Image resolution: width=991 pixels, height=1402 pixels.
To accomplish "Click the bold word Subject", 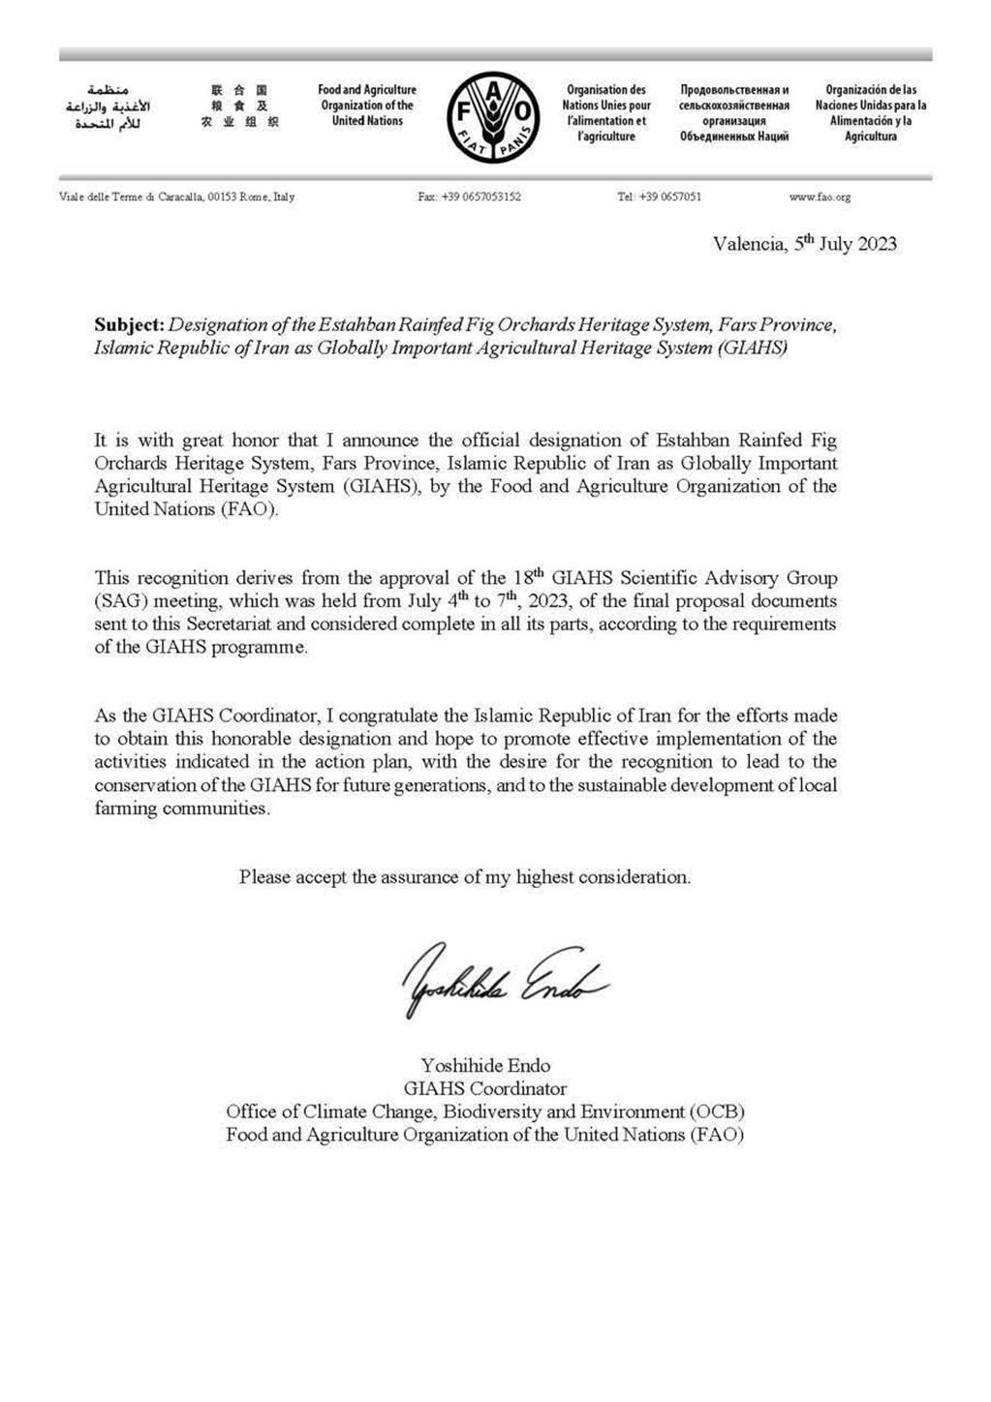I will pyautogui.click(x=129, y=325).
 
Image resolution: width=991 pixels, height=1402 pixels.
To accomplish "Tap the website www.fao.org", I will pyautogui.click(x=820, y=197).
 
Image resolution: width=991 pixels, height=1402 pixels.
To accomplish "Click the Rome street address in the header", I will pyautogui.click(x=177, y=197).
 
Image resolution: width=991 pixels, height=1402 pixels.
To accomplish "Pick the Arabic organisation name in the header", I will pyautogui.click(x=108, y=107).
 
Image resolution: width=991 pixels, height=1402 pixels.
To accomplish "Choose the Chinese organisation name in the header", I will pyautogui.click(x=239, y=107).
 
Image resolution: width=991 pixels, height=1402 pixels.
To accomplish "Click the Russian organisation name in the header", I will pyautogui.click(x=734, y=113).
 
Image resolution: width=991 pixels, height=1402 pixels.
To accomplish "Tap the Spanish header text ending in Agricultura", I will pyautogui.click(x=870, y=113).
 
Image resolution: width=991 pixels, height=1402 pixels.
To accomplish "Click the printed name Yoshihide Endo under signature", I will pyautogui.click(x=485, y=1065).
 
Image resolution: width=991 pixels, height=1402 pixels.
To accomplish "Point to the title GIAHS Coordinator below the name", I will pyautogui.click(x=485, y=1088).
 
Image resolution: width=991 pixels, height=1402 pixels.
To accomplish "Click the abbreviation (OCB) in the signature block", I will pyautogui.click(x=718, y=1112).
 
